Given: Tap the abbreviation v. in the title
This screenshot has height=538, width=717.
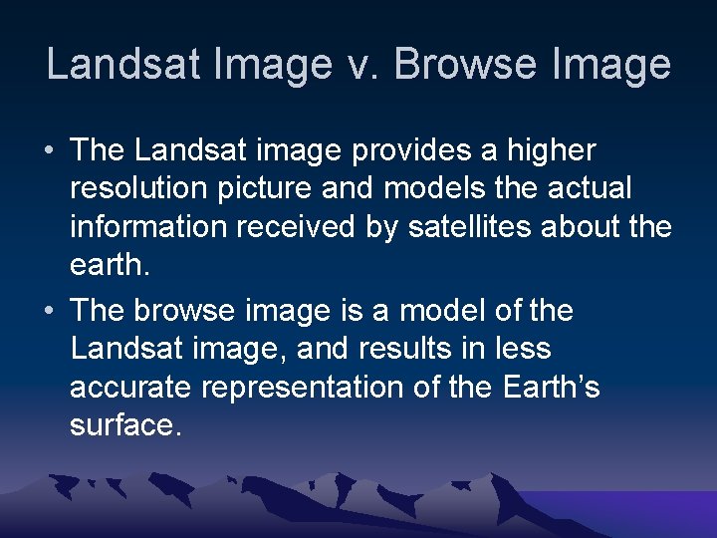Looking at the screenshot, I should click(363, 65).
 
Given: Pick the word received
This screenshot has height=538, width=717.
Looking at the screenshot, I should click(300, 228).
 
